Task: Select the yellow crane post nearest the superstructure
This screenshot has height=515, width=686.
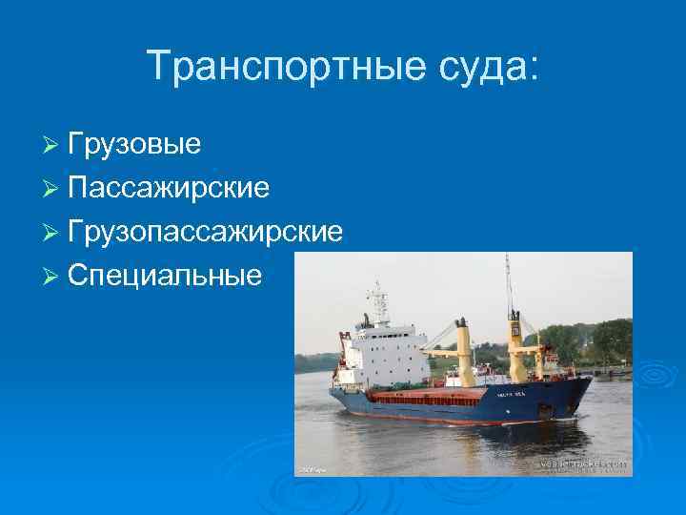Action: click(463, 349)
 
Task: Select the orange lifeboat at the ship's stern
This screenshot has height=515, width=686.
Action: click(344, 374)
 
